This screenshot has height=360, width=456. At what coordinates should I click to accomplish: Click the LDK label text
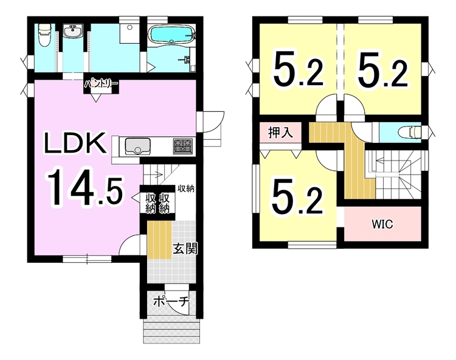click(75, 143)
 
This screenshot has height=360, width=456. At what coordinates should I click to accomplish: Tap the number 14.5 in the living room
click(85, 188)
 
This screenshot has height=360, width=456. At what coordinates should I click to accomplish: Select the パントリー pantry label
click(101, 85)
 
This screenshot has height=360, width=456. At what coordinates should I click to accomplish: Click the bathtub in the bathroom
click(173, 34)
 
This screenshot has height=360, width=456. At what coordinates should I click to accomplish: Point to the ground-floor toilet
click(44, 35)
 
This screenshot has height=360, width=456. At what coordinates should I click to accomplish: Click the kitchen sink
click(137, 147)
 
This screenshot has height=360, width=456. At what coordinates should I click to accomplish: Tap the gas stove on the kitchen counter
click(183, 147)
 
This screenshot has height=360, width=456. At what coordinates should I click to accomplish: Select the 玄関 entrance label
click(185, 249)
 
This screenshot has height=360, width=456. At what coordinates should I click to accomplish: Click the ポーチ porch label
click(171, 302)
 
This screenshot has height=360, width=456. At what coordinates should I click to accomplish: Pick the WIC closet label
click(382, 224)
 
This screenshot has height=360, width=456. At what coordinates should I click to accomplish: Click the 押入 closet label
click(280, 133)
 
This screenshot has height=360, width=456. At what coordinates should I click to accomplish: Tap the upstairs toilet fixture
click(410, 132)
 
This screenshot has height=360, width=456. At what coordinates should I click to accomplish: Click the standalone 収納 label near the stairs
click(186, 189)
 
